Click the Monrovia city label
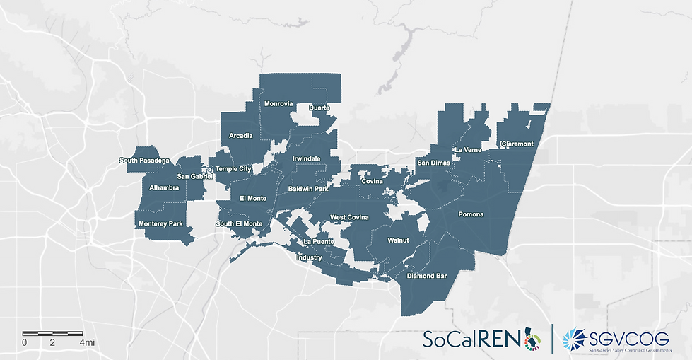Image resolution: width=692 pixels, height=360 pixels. tap(278, 104)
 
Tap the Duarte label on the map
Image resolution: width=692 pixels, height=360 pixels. tap(319, 108)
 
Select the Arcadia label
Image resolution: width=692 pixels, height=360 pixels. tap(241, 136)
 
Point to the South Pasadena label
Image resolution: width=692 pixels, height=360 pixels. tap(144, 161)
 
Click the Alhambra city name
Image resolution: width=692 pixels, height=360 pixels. tap(165, 188)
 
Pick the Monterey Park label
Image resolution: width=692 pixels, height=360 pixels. tap(160, 224)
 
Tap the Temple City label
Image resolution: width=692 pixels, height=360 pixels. tap(233, 169)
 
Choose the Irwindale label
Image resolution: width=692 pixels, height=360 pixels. tap(306, 158)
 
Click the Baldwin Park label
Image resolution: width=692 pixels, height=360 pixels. tap(309, 189)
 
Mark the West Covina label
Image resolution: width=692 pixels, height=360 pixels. tap(349, 217)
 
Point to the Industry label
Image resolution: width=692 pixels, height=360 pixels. tap(309, 258)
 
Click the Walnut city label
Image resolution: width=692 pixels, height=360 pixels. tap(399, 241)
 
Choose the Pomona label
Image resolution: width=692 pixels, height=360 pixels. tap(471, 214)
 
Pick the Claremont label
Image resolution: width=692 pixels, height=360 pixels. tap(517, 144)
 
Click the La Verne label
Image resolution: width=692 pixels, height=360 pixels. tap(467, 151)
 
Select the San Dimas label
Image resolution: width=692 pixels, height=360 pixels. tap(433, 163)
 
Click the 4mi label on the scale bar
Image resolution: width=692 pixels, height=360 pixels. tap(87, 343)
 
